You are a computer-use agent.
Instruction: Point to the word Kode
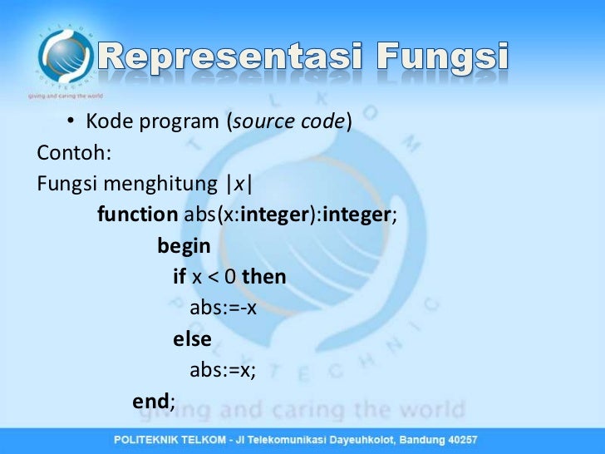point(106,122)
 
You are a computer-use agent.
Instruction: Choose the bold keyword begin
point(184,246)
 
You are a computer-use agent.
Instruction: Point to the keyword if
point(180,277)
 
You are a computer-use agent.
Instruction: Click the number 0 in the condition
point(229,277)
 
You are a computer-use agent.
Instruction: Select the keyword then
point(263,277)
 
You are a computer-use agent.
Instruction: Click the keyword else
point(192,339)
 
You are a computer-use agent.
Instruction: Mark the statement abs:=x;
point(222,370)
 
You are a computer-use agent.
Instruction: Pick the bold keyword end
point(151,402)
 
